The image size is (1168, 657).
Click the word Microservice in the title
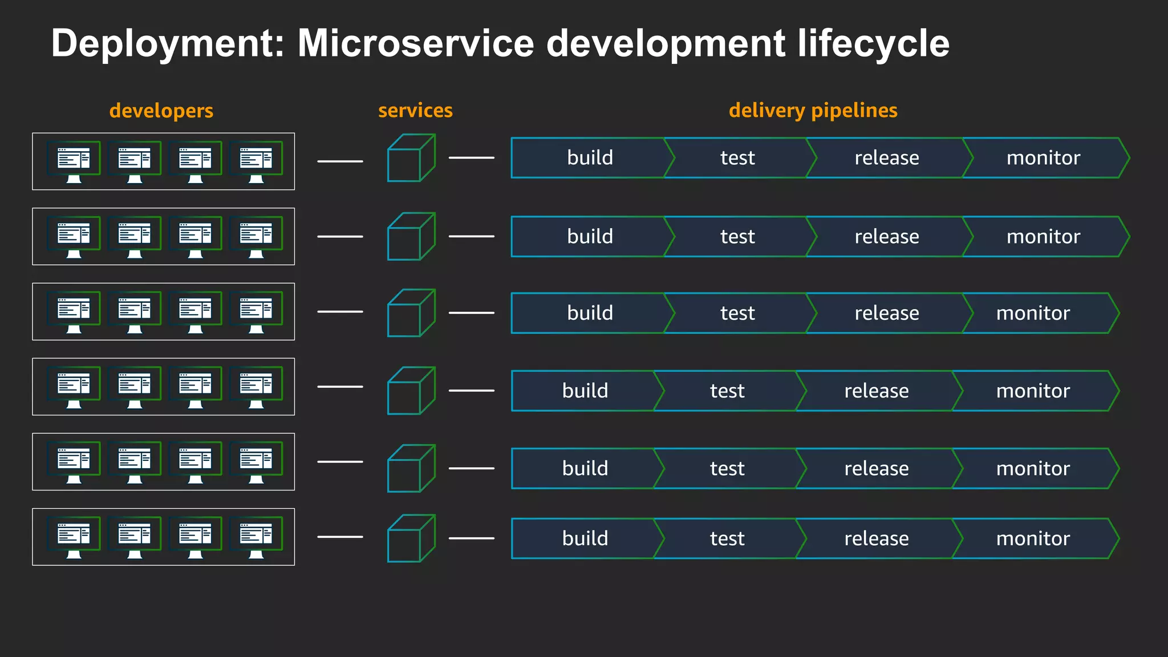click(415, 44)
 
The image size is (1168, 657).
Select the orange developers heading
click(161, 111)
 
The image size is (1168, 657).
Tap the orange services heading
click(415, 111)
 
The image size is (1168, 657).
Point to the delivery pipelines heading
click(813, 111)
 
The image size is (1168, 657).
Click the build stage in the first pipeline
click(590, 158)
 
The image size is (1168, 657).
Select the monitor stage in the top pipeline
click(1043, 158)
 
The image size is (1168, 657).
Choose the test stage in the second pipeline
click(737, 237)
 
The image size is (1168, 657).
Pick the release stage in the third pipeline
click(886, 313)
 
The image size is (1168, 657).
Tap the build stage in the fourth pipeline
click(585, 391)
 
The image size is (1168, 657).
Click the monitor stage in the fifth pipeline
click(1033, 469)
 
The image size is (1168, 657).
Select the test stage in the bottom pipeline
click(727, 539)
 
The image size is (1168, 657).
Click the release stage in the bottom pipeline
click(876, 539)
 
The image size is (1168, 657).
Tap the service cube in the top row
click(411, 159)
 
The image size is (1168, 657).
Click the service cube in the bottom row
click(411, 539)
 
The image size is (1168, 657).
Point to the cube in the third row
click(411, 313)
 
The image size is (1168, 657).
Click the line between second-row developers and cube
click(340, 236)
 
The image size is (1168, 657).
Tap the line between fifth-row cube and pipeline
click(471, 468)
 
